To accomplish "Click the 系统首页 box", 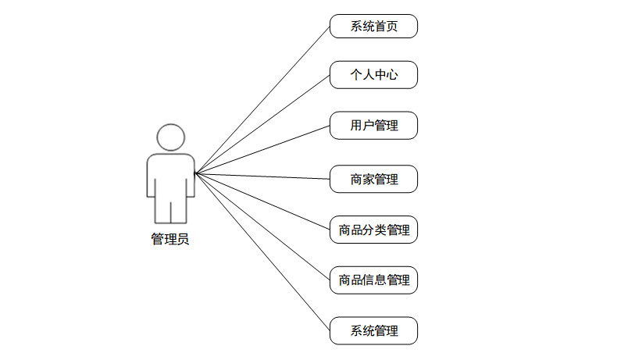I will point(373,26).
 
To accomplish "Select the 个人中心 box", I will point(373,76).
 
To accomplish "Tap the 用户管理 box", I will point(373,126).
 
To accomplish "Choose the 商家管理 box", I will point(373,180).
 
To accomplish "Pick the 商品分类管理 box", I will point(373,230).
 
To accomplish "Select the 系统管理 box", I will point(373,330).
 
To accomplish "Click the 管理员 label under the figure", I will point(170,240).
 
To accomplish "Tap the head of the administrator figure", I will point(171,137).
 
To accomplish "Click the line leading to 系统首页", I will point(262,99).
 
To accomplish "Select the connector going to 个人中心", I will point(262,124).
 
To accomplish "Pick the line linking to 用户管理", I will point(262,149).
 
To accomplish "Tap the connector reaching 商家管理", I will point(262,176).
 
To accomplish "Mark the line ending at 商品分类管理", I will point(262,201).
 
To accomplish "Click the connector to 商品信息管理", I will point(262,226).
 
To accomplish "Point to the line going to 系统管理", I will point(262,251).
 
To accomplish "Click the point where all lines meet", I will point(195,173).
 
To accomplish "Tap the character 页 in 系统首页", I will point(391,26).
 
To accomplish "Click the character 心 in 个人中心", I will point(391,76).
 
